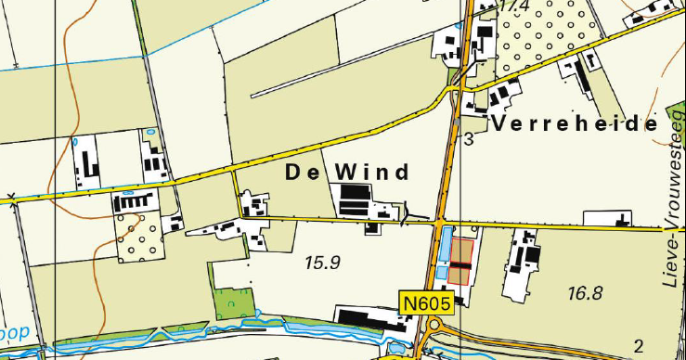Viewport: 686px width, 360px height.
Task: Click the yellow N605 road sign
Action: point(427,302)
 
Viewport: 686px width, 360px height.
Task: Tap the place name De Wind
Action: point(347,173)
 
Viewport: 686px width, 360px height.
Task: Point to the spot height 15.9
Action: point(323,263)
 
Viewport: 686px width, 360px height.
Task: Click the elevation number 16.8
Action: point(585,293)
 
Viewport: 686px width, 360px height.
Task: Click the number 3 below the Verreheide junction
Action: point(469,139)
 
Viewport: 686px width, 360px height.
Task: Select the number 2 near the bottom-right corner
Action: point(638,347)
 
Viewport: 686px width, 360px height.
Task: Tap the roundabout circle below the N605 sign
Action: point(433,326)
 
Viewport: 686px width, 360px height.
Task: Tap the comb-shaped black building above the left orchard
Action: point(129,200)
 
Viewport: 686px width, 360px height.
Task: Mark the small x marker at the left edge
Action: point(11,196)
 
